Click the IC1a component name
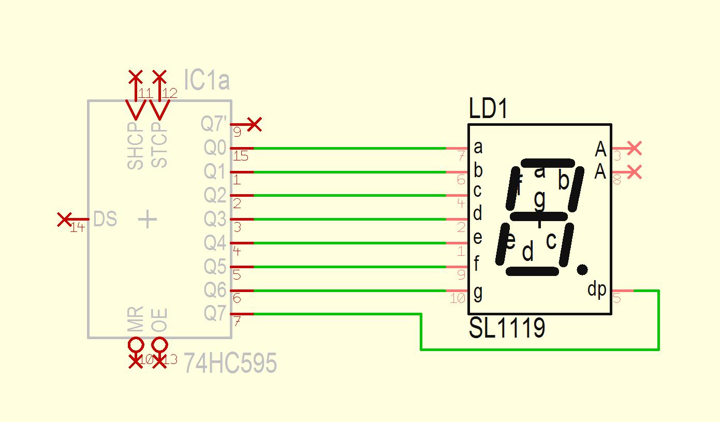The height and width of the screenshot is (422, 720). (x=207, y=81)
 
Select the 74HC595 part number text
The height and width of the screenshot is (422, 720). (x=230, y=363)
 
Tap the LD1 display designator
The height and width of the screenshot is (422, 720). (x=488, y=109)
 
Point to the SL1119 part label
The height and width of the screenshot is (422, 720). (x=507, y=328)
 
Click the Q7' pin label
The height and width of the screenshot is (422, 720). (x=214, y=124)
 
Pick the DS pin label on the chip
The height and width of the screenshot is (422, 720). (x=105, y=220)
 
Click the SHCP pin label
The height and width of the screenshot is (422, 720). (x=135, y=146)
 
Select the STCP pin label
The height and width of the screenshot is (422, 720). (x=159, y=144)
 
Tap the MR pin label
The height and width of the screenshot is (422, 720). (x=135, y=320)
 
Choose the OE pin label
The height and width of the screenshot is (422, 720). (x=159, y=320)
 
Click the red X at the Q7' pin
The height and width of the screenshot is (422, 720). (x=254, y=124)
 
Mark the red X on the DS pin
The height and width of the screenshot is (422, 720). (x=64, y=220)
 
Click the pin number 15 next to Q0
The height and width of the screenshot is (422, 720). (x=241, y=156)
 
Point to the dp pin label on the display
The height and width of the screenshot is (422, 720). (x=597, y=289)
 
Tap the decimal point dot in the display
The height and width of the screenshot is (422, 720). (x=582, y=269)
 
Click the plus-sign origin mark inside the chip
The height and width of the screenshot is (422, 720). (x=148, y=220)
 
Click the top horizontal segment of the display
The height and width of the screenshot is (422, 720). (x=548, y=163)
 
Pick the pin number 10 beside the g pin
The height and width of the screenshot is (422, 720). (x=458, y=298)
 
